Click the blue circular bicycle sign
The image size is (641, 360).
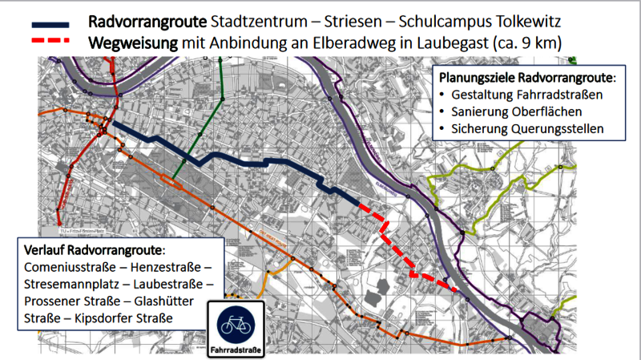236,323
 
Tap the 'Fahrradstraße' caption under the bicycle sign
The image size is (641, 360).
236,350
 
